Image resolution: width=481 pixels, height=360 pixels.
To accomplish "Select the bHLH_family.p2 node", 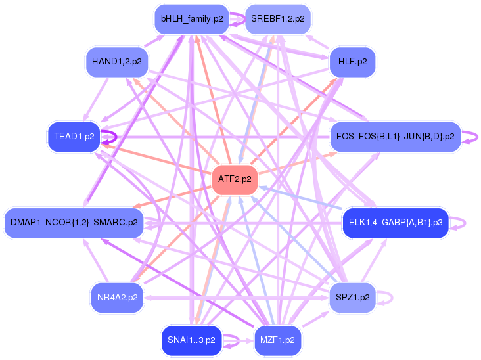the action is point(192,19).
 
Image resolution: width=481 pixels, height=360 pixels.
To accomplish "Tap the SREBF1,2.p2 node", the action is point(277,19).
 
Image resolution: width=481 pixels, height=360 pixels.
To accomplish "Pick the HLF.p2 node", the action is point(352,61).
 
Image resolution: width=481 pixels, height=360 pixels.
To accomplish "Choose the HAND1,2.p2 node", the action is point(116,61).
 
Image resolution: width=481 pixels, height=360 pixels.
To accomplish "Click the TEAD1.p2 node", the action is point(76,137).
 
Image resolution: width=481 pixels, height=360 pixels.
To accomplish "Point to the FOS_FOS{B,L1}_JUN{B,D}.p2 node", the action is point(394,137).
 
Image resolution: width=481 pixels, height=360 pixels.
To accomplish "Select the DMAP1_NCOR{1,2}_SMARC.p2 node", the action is point(74,223).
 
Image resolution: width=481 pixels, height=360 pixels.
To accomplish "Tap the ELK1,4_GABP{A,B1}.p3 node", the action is point(396,223).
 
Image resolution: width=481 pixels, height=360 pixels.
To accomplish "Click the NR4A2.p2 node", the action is point(117,297).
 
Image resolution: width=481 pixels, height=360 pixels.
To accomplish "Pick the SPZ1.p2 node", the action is point(352,297).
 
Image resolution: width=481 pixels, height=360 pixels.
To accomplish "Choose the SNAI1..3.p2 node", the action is point(191,340).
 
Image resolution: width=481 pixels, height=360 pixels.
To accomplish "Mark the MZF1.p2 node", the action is point(277,340).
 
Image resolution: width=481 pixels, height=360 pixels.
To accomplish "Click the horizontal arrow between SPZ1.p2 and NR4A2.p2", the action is point(237,298).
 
